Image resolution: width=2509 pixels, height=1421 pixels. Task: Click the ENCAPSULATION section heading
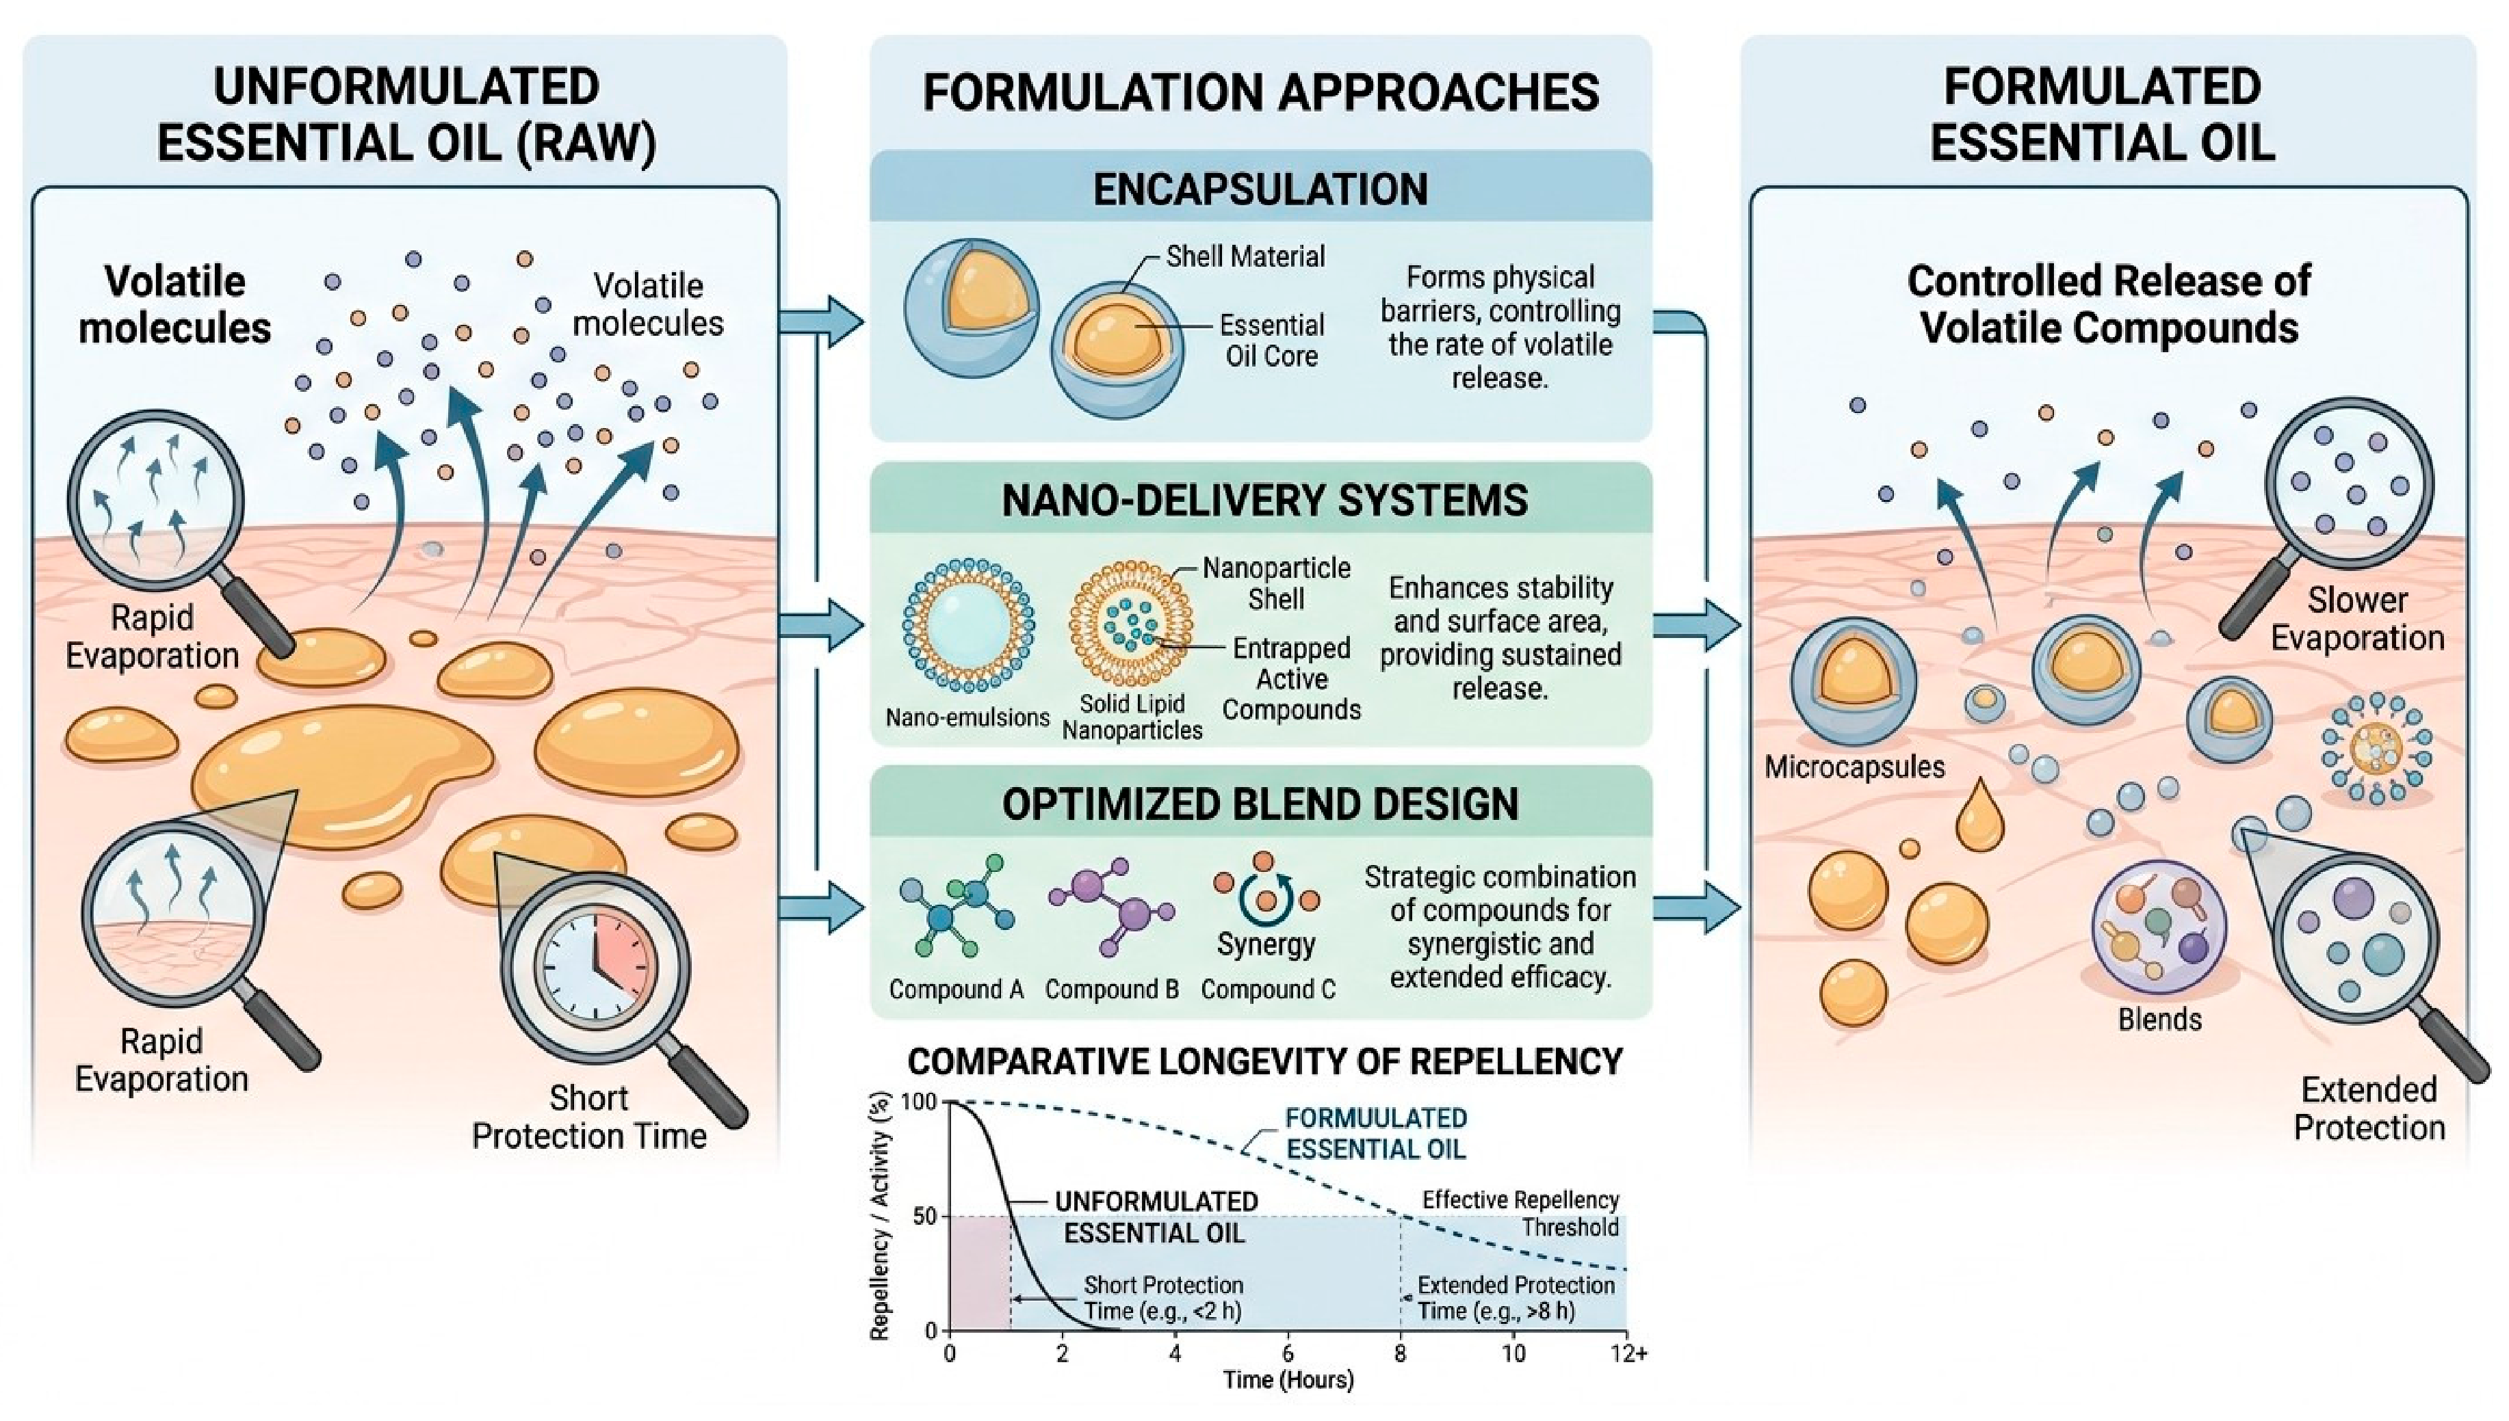[1260, 189]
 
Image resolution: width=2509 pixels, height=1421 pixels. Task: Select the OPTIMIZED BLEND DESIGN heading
[1260, 804]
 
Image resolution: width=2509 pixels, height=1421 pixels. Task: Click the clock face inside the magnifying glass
[595, 964]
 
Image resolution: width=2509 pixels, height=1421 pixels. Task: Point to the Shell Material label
[1245, 256]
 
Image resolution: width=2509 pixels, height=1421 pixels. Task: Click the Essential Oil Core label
[1271, 340]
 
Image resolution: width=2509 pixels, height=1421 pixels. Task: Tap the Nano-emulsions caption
[967, 717]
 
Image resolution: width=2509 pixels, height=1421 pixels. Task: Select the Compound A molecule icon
[957, 905]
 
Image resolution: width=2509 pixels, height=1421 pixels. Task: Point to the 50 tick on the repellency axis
[924, 1216]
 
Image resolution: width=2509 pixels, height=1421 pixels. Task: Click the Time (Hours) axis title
[1288, 1380]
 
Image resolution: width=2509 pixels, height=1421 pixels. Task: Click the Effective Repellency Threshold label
[1520, 1213]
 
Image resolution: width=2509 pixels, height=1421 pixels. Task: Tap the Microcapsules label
[1854, 767]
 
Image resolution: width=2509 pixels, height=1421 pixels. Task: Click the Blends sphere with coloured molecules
[2159, 926]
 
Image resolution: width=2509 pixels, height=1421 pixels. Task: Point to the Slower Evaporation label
[2356, 619]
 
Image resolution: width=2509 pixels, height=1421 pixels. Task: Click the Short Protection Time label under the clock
[588, 1117]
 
